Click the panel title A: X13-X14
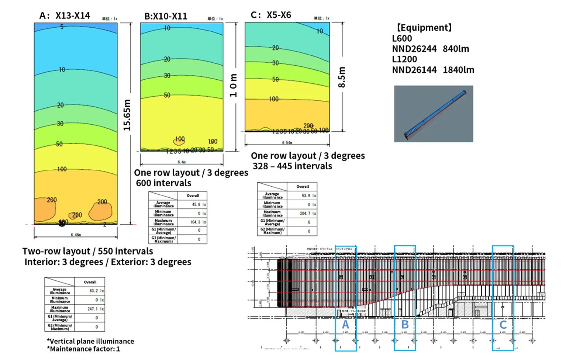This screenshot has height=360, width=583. [65, 15]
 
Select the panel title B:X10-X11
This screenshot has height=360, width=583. [166, 16]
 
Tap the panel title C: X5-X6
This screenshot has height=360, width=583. [271, 15]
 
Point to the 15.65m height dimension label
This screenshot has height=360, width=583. [127, 115]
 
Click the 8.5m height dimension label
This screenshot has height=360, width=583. [342, 77]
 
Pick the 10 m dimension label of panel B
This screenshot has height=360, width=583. [233, 85]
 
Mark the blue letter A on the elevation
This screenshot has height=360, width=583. [345, 325]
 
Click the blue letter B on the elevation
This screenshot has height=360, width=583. [405, 325]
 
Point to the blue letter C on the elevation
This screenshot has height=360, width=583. [503, 325]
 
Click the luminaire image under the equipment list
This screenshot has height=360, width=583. [434, 114]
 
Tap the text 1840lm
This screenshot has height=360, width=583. [458, 70]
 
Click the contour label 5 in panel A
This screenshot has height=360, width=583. [62, 27]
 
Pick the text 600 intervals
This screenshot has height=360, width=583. [163, 183]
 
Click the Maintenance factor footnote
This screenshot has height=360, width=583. [83, 349]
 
